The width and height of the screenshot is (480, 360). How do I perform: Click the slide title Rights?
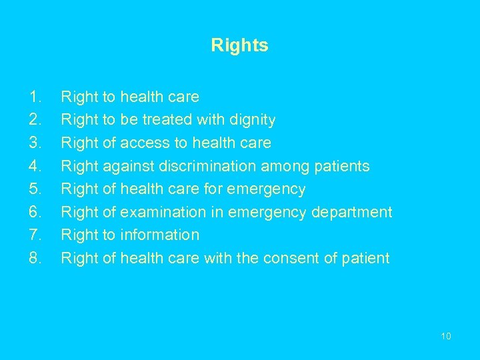[x=239, y=45]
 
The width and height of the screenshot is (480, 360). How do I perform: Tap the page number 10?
[x=446, y=336]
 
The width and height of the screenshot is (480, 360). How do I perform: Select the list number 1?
[x=35, y=97]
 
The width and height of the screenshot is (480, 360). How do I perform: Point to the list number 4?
[x=35, y=166]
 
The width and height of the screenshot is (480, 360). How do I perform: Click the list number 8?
[x=35, y=258]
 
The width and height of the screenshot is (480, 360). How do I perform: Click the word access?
[x=144, y=143]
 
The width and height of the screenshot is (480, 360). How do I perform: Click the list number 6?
[x=35, y=212]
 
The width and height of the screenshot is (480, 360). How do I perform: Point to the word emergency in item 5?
[x=266, y=189]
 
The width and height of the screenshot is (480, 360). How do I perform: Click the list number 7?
[x=35, y=235]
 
